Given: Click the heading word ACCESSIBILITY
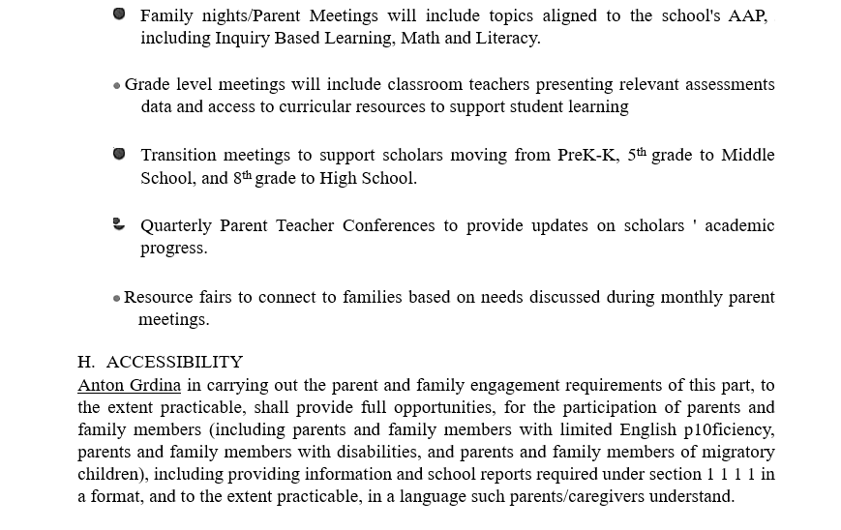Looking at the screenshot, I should click(174, 362).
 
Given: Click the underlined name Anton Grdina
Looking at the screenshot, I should click(129, 385).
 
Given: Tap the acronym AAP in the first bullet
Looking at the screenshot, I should click(748, 15).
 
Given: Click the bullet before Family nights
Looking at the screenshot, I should click(119, 15).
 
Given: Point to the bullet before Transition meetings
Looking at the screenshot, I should click(119, 154).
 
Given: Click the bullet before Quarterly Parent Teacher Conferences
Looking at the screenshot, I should click(119, 224).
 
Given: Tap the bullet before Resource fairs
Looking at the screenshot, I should click(117, 298).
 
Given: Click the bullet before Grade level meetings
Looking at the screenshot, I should click(117, 86).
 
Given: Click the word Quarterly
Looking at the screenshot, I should click(176, 225).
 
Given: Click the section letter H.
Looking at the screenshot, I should click(86, 362).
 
